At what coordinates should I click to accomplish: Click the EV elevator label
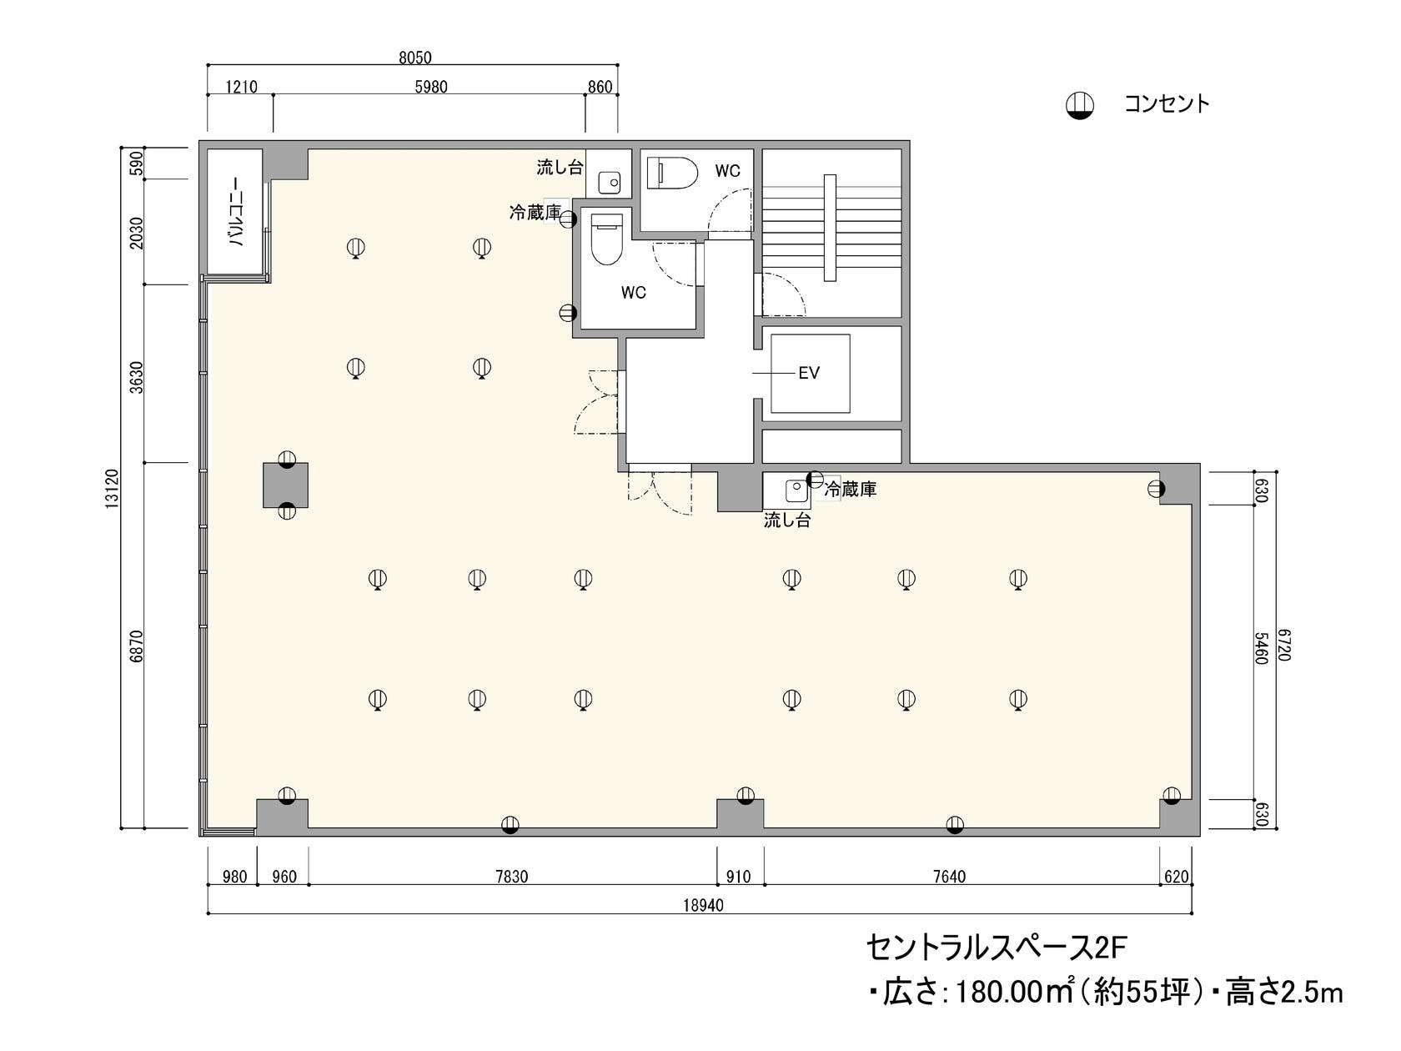[x=809, y=373]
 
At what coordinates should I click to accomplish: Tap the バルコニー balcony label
[x=236, y=213]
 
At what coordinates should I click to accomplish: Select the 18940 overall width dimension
[x=702, y=905]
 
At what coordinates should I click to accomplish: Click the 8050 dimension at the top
[x=415, y=58]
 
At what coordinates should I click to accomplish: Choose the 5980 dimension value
[x=431, y=87]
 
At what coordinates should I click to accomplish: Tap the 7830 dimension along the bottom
[x=511, y=877]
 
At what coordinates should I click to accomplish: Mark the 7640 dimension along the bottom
[x=950, y=877]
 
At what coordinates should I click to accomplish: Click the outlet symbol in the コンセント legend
[x=1080, y=105]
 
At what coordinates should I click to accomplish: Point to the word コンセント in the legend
[x=1167, y=104]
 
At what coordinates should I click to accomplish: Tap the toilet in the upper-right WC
[x=672, y=173]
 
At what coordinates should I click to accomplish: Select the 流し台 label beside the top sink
[x=559, y=167]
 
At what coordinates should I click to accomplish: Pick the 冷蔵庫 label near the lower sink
[x=851, y=490]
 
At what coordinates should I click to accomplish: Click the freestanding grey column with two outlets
[x=286, y=485]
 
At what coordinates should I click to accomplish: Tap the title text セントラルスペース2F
[x=997, y=948]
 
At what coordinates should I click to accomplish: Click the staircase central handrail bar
[x=830, y=228]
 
